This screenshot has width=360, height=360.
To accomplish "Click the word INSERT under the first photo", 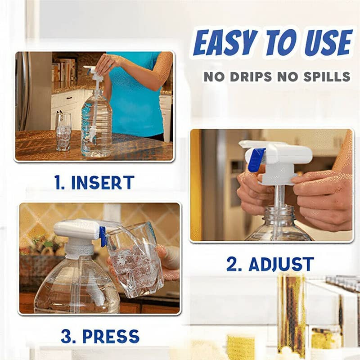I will [103, 182].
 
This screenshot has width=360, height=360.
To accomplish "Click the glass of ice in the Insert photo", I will [63, 131].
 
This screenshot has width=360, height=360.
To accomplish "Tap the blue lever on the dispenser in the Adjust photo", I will [256, 160].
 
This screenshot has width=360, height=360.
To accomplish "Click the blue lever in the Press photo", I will [103, 237].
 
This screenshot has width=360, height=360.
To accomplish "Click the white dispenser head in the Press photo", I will [76, 229].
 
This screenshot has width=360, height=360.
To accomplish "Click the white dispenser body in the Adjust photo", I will [288, 155].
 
